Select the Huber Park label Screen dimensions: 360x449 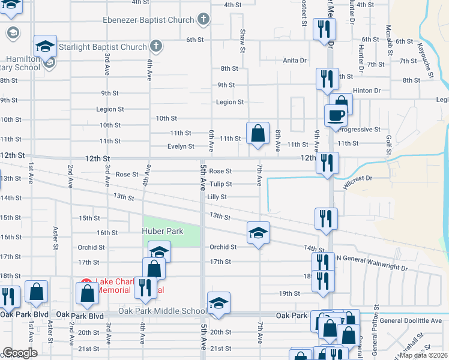point(162,231)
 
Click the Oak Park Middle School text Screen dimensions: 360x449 point(162,310)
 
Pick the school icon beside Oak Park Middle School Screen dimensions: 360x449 point(218,305)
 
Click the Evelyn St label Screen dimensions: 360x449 point(181,146)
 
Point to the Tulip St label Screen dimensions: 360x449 point(220,184)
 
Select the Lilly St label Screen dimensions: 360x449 point(217,197)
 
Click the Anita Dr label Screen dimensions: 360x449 point(295,60)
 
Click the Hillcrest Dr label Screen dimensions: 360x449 point(358,179)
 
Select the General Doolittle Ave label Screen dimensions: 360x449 point(411,320)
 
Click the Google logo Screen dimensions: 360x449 point(20,353)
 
